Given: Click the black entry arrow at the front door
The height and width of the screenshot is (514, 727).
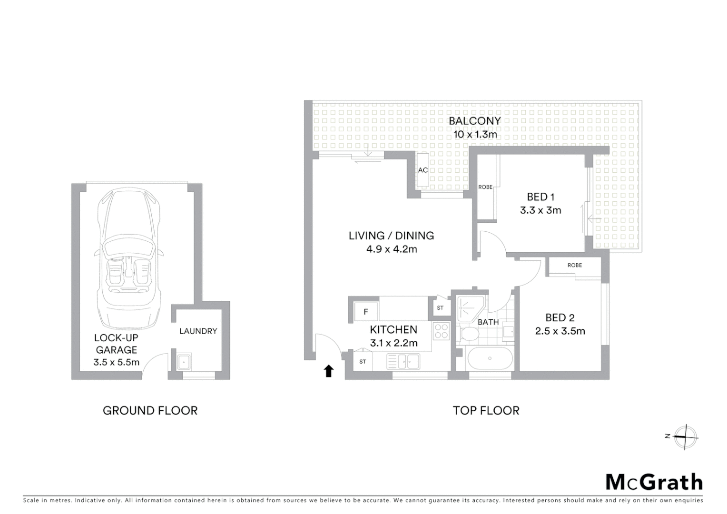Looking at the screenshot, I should [x=328, y=371].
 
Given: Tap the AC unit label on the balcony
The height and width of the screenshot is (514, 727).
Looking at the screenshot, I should [x=422, y=170].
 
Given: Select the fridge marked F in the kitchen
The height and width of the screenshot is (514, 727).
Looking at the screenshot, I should [x=366, y=312].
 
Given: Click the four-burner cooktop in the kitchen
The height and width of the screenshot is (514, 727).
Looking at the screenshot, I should [x=441, y=331].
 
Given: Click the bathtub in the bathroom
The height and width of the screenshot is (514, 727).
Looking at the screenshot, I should [x=490, y=358].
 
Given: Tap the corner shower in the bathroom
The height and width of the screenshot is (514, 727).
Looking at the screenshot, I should [x=470, y=307].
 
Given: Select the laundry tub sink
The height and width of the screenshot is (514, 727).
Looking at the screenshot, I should [x=184, y=362].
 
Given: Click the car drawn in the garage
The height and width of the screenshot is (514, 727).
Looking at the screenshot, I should [x=128, y=257].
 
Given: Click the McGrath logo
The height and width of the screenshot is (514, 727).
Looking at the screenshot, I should [x=654, y=482].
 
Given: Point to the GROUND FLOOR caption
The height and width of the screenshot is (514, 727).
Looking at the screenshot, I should [x=150, y=410].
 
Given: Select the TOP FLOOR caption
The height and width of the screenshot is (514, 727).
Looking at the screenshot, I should [x=486, y=410].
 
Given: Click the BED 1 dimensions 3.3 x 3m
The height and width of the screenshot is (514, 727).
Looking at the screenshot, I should [x=540, y=210].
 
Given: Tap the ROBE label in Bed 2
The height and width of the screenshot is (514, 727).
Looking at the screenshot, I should [x=574, y=265].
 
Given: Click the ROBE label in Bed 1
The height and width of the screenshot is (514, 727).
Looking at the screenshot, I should [x=485, y=187].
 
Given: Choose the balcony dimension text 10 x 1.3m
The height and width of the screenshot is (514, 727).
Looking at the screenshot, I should [x=475, y=134].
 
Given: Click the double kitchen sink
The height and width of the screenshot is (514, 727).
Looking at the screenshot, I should [x=403, y=362].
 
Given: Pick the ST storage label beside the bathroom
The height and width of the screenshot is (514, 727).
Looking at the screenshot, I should [x=440, y=308].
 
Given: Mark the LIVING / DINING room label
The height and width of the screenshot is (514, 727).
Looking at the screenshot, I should [x=391, y=236].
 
